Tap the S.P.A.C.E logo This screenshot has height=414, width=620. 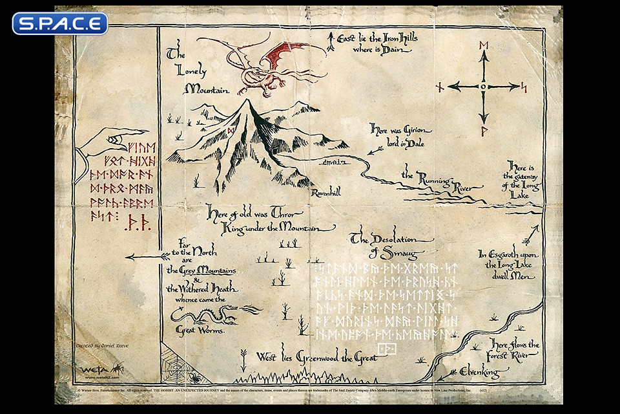pos(59,23)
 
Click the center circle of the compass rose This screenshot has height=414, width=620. pos(483,86)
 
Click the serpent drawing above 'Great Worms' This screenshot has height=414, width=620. pos(201,315)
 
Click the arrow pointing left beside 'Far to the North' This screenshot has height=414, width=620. pos(145,257)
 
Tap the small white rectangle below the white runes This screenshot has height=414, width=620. pos(386,349)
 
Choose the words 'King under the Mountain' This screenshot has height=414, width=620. pos(278,227)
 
